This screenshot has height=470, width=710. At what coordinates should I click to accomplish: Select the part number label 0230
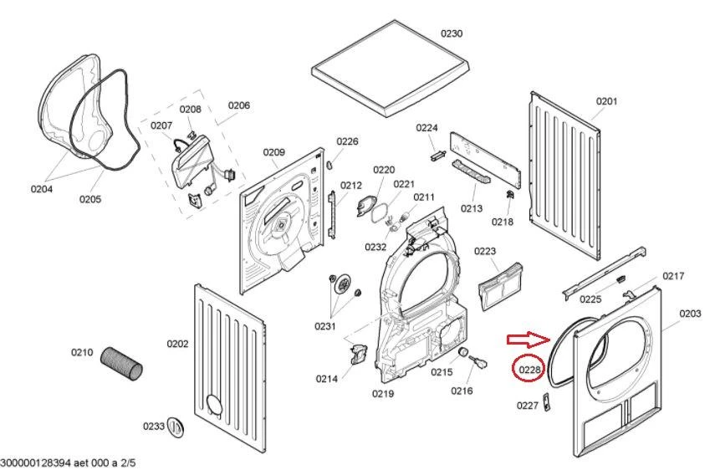[x=451, y=33]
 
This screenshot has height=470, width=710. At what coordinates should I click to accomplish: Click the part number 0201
[x=606, y=101]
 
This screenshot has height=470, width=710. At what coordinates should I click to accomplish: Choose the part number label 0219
[x=383, y=393]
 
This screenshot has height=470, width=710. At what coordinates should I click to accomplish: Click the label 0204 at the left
[x=42, y=189]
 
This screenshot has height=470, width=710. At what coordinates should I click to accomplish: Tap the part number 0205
[x=90, y=199]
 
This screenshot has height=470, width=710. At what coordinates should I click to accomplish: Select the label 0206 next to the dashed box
[x=239, y=106]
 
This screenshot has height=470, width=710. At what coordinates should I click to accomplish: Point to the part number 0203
[x=690, y=313]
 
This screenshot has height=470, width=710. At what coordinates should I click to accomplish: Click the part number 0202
[x=177, y=344]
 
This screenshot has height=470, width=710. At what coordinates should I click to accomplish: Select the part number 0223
[x=485, y=251]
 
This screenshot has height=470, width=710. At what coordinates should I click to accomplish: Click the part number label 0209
[x=273, y=152]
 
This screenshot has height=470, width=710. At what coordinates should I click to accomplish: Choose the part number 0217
[x=673, y=276]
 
